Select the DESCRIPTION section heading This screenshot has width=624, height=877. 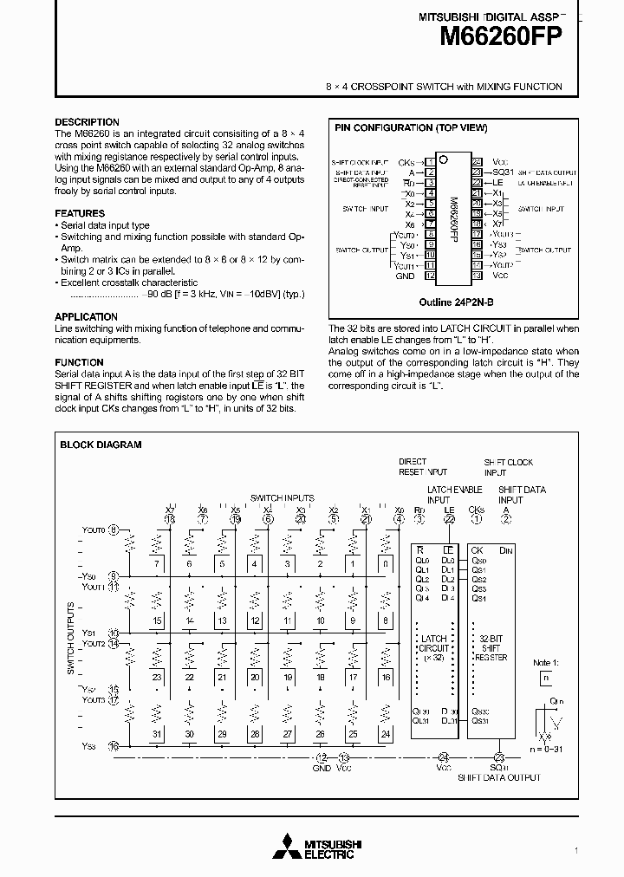[x=87, y=122]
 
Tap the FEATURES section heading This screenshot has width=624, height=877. [x=80, y=213]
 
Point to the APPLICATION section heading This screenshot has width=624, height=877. [x=86, y=316]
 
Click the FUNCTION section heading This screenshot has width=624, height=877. [x=79, y=362]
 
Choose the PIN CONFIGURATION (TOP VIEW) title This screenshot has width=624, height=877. [x=411, y=128]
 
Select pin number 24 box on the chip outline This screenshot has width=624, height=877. [x=477, y=162]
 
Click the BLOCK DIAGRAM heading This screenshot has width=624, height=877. [x=101, y=445]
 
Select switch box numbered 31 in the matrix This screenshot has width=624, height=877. [x=156, y=734]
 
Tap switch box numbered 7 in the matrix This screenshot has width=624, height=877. [x=156, y=564]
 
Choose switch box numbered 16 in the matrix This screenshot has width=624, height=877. [x=386, y=677]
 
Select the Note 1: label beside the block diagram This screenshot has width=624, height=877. [x=544, y=662]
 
